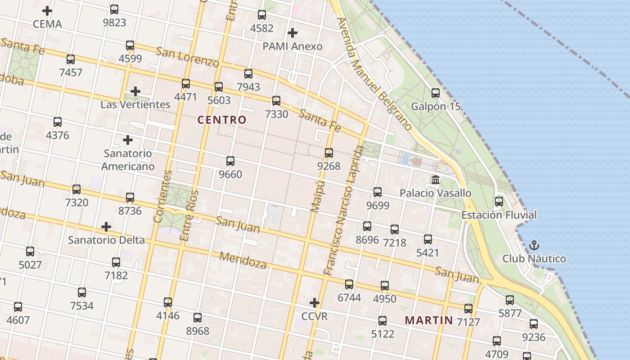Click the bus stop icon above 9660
(230, 161)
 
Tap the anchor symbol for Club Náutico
(534, 245)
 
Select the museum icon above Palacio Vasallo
(436, 180)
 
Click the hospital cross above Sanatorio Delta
(106, 226)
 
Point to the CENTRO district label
(222, 120)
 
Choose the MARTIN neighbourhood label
(429, 320)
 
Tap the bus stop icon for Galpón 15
(436, 93)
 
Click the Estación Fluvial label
(499, 215)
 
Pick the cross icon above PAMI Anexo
(292, 33)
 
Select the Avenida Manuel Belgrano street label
(374, 74)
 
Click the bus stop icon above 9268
(329, 153)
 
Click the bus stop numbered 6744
(349, 284)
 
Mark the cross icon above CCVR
(315, 303)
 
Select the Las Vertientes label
(135, 104)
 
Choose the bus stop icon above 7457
(71, 59)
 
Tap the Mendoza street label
(243, 260)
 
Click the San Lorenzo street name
(187, 55)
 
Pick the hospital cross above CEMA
(47, 10)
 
